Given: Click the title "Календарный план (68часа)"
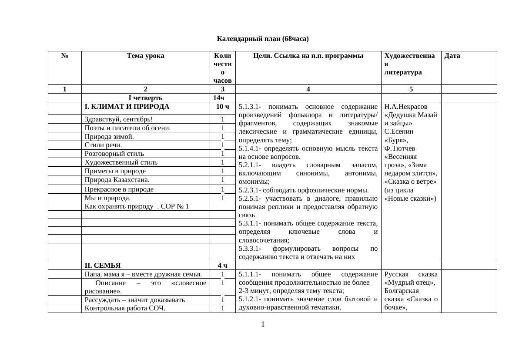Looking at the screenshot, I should click(x=263, y=39).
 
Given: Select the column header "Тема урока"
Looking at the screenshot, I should click(x=145, y=56).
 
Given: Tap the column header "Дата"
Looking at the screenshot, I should click(x=452, y=56).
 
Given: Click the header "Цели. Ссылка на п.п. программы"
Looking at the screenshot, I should click(x=308, y=56).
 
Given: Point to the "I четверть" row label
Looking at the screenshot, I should click(x=145, y=98).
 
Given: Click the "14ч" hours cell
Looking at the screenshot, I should click(x=222, y=98).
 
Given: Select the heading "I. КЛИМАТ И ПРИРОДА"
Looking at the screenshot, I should click(x=127, y=107).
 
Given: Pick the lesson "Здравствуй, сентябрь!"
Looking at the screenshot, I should click(x=118, y=119).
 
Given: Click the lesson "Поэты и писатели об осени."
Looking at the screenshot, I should click(x=127, y=128).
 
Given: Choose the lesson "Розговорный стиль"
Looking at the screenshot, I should click(x=114, y=154).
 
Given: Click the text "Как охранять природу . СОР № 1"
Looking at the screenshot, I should click(x=137, y=206).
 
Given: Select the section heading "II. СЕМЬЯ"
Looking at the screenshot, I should click(x=103, y=266).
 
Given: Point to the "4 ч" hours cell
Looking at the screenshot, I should click(x=222, y=266).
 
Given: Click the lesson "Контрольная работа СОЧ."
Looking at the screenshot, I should click(x=125, y=309).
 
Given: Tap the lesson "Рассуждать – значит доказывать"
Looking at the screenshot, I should click(x=134, y=300).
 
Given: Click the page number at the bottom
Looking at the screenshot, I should click(x=263, y=324).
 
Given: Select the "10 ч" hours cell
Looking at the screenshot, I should click(x=222, y=107).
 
